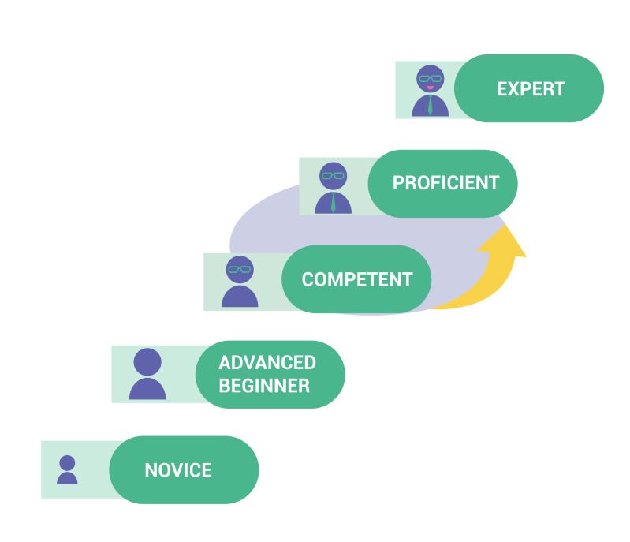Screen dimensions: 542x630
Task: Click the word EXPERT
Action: click(530, 88)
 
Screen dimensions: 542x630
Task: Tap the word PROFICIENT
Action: click(445, 183)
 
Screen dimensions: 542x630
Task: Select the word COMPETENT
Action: click(356, 279)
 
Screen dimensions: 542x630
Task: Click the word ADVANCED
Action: click(267, 363)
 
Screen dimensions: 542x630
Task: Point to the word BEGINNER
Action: click(264, 386)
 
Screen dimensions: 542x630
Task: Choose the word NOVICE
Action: click(178, 471)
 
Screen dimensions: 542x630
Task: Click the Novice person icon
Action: click(67, 469)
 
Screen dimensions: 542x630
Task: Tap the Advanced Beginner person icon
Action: click(147, 374)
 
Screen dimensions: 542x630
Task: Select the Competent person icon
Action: click(240, 281)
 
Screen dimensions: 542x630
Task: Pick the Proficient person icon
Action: click(333, 188)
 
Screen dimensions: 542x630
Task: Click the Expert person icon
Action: click(430, 91)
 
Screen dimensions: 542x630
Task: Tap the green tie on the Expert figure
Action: click(430, 106)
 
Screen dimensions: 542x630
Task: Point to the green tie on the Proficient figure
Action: click(334, 203)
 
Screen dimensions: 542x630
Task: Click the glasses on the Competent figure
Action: click(240, 270)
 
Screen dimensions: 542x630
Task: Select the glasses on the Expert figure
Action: click(430, 77)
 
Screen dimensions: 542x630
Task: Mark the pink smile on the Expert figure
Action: click(430, 88)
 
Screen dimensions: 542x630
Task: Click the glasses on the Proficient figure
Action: click(333, 175)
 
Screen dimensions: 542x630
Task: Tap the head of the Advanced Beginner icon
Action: click(147, 362)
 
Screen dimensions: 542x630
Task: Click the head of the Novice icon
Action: click(67, 462)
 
